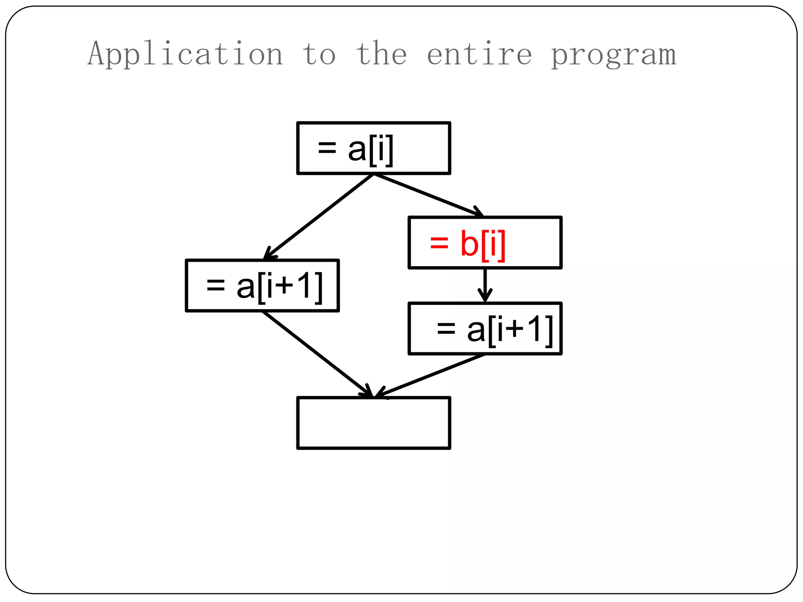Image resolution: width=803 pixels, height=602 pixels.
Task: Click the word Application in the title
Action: tap(185, 54)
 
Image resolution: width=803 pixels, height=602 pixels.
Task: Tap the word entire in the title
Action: tap(479, 54)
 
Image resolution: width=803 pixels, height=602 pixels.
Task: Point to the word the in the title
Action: tap(382, 54)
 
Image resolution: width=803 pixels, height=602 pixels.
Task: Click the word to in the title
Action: tap(319, 54)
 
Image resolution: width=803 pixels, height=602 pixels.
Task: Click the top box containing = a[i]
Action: tap(374, 148)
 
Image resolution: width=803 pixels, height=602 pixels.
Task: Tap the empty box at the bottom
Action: tap(374, 423)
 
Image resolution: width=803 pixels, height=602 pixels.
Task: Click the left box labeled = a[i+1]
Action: tap(262, 286)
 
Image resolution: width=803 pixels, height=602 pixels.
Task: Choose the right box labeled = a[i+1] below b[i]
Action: tap(485, 328)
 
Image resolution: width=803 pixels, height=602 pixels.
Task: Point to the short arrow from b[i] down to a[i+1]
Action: tap(485, 285)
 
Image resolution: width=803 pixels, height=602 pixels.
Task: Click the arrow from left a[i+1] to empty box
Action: tap(318, 354)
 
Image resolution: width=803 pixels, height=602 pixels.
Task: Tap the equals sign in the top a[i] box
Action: tap(327, 148)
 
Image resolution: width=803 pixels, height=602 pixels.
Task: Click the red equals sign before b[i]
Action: tap(439, 243)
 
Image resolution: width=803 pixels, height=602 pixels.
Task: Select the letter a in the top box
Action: tap(357, 150)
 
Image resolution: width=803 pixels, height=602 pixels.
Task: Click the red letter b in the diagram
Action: tap(469, 243)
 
